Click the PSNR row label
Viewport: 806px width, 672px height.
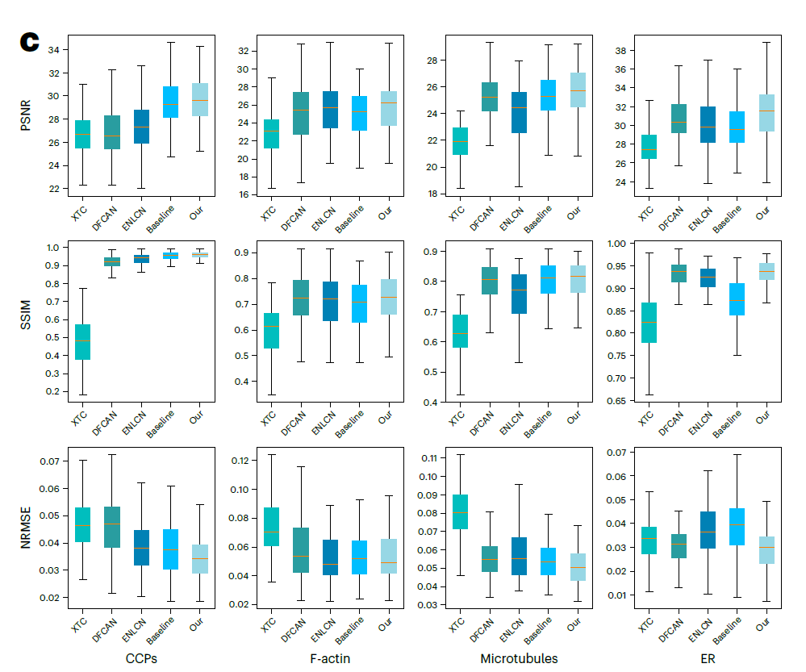pyautogui.click(x=26, y=115)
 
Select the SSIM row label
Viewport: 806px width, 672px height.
pyautogui.click(x=26, y=318)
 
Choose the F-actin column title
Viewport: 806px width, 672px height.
pyautogui.click(x=330, y=658)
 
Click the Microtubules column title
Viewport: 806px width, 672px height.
pyautogui.click(x=519, y=658)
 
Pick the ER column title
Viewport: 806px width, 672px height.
pyautogui.click(x=708, y=658)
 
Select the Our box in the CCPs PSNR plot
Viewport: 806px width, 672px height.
pyautogui.click(x=200, y=100)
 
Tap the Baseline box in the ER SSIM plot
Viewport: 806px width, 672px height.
pyautogui.click(x=737, y=299)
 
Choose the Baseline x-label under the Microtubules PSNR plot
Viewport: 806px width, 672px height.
pyautogui.click(x=539, y=219)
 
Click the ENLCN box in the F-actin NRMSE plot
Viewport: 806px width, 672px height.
pyautogui.click(x=330, y=557)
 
